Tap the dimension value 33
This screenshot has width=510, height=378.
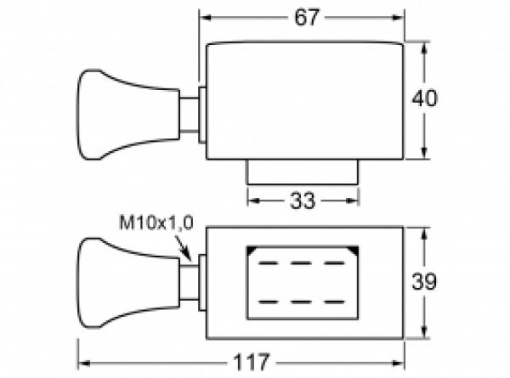click(x=302, y=200)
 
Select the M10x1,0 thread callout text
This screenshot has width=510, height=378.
click(x=156, y=223)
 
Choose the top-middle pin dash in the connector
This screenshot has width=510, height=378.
click(x=302, y=264)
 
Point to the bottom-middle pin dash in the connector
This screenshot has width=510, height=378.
click(x=302, y=300)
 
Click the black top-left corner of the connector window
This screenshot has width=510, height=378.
click(x=251, y=250)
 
